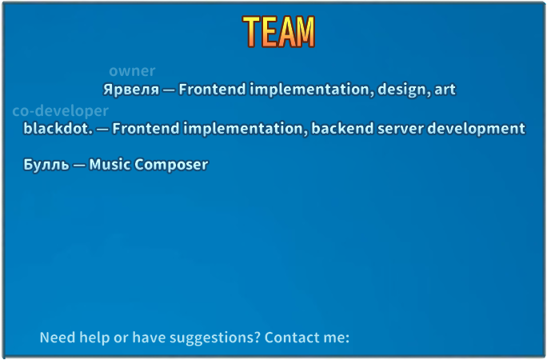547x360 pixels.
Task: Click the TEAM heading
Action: (279, 32)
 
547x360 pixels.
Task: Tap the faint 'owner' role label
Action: (132, 71)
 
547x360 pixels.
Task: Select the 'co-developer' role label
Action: (60, 111)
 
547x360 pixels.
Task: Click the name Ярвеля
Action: (131, 90)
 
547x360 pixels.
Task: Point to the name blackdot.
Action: (58, 128)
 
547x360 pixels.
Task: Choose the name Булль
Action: (46, 164)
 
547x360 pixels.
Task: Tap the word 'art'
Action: (445, 90)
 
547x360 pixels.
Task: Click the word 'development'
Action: (476, 129)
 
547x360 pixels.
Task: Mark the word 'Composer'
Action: (171, 165)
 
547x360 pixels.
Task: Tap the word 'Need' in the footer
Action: (58, 338)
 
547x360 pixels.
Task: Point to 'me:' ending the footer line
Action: (337, 338)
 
